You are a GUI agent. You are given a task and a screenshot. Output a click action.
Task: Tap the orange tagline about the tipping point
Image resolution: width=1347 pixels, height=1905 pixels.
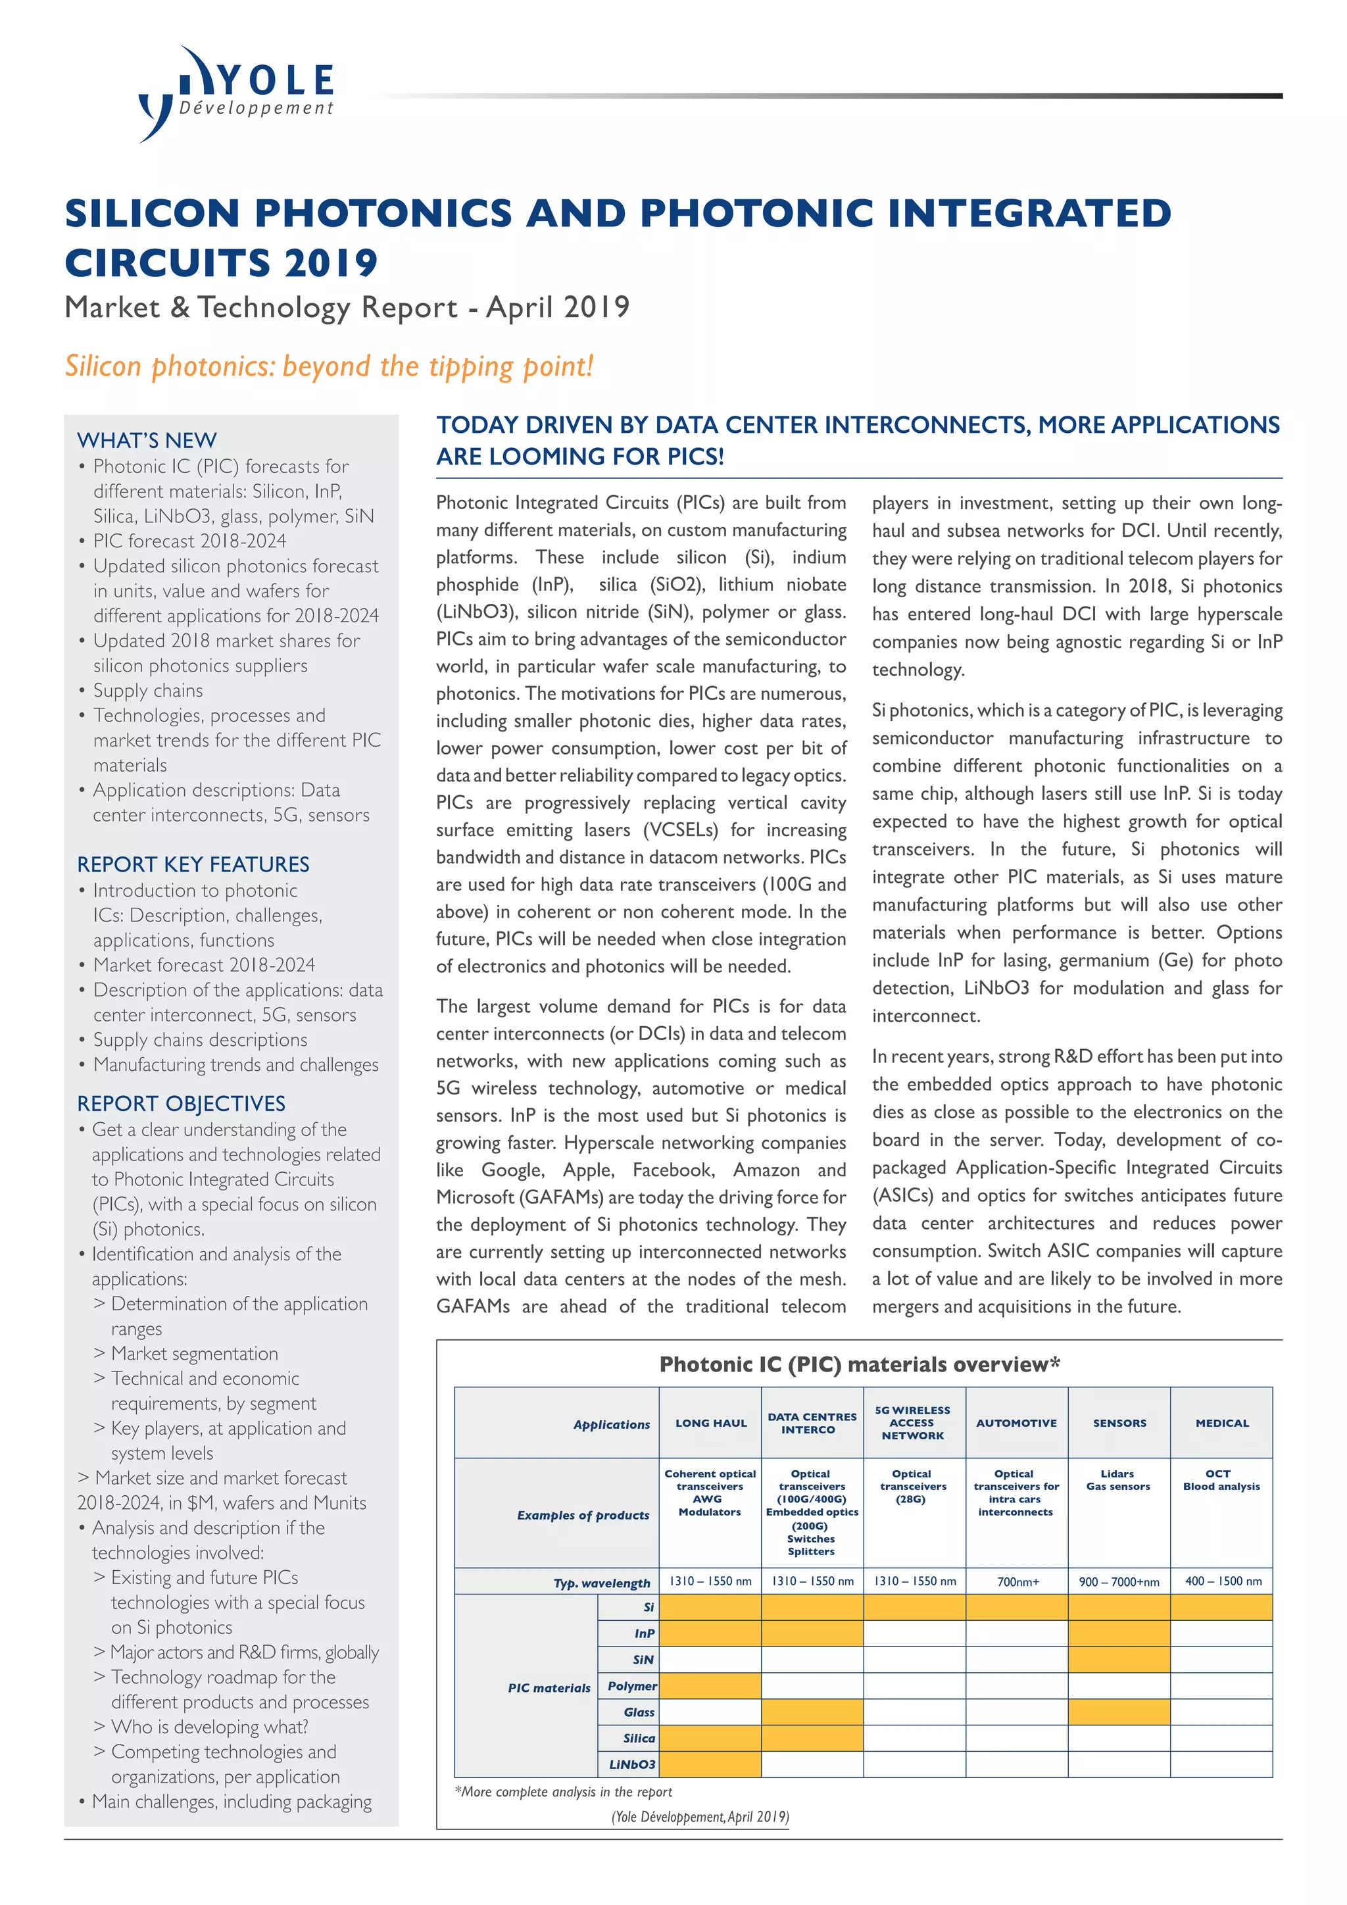click(330, 366)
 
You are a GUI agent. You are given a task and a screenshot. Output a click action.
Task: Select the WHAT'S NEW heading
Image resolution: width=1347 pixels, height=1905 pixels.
click(147, 440)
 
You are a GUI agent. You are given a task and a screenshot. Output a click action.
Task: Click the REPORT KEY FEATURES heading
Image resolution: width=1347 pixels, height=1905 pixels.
click(193, 864)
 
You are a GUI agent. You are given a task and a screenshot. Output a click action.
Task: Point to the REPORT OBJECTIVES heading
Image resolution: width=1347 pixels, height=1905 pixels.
click(181, 1104)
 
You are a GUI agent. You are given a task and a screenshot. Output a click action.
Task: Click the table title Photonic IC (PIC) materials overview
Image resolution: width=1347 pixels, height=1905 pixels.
click(859, 1365)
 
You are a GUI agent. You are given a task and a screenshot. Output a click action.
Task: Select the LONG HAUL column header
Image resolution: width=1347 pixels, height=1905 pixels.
click(711, 1423)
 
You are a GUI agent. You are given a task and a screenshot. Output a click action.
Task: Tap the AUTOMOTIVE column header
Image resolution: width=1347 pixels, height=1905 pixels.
click(1016, 1423)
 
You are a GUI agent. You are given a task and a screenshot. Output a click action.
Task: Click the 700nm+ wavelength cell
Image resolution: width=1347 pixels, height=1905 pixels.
click(1017, 1581)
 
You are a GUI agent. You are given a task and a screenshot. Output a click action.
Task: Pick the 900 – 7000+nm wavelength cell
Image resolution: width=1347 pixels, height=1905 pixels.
click(1119, 1581)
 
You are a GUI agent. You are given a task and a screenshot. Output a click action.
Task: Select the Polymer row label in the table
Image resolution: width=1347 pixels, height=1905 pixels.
click(632, 1686)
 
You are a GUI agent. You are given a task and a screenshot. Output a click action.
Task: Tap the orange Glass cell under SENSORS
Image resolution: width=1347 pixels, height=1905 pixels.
click(1119, 1712)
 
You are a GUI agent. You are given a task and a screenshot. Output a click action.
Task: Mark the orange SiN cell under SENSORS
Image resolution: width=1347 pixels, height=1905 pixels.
click(1119, 1660)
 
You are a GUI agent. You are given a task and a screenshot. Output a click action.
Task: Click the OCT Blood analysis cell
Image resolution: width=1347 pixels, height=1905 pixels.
click(1221, 1480)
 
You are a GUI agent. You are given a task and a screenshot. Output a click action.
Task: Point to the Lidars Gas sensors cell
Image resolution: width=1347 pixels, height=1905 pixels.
click(1118, 1480)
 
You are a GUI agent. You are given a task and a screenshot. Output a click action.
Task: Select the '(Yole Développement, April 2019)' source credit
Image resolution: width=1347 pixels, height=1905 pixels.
click(700, 1816)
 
